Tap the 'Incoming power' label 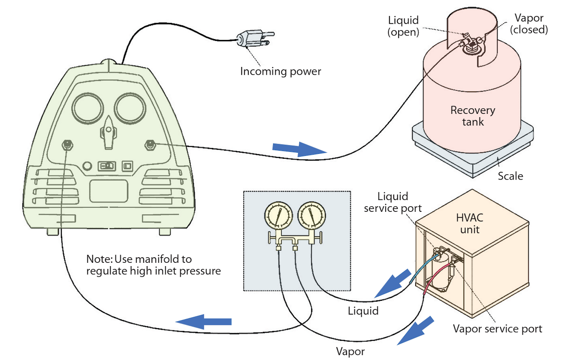point(281,71)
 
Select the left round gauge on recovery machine point(87,109)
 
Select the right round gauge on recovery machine point(130,109)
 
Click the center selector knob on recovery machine point(108,132)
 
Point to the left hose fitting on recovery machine point(67,145)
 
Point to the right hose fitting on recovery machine point(150,144)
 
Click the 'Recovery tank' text point(473,116)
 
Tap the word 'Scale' point(510,176)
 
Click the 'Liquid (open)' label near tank point(403,26)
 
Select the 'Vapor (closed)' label point(529,24)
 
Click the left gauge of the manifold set point(278,216)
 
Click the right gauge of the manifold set point(312,216)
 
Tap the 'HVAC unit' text point(470,224)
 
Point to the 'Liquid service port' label point(392,202)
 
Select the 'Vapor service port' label point(497,329)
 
